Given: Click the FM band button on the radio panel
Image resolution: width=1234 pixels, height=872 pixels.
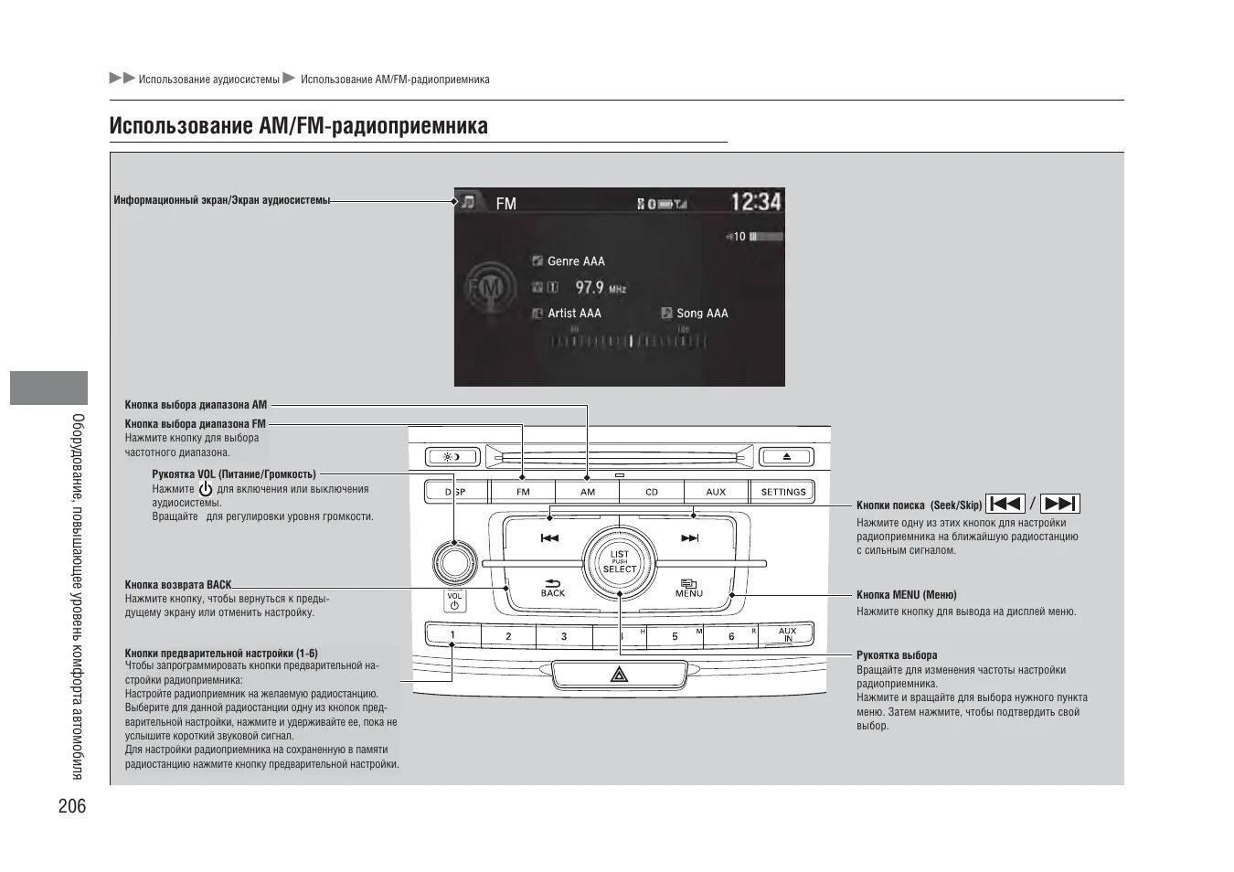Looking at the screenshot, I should click(523, 492).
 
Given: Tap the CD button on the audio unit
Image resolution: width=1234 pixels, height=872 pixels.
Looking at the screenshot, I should click(652, 492).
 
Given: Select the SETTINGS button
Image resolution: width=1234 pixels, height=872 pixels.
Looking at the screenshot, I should click(783, 492).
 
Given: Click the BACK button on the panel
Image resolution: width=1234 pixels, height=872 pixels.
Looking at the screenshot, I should click(553, 588).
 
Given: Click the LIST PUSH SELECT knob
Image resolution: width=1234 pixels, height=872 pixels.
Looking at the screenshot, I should click(620, 561).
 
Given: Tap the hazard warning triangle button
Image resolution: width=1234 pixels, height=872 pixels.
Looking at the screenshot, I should click(619, 675).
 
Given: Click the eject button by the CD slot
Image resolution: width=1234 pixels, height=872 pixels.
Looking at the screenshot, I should click(785, 456).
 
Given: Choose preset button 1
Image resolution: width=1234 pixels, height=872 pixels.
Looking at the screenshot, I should click(452, 635).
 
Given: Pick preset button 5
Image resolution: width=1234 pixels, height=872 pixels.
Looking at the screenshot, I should click(676, 636).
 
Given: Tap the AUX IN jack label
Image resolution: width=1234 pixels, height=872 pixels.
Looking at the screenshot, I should click(787, 634).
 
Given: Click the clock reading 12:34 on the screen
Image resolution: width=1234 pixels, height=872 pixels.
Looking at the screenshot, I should click(755, 201).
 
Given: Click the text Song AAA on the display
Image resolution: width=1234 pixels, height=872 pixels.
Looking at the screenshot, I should click(702, 314).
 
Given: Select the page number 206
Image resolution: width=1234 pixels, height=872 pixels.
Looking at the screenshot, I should click(72, 805).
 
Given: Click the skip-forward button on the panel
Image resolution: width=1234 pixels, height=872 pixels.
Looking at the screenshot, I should click(690, 538).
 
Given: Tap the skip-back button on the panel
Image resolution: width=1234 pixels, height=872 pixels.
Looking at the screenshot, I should click(549, 538).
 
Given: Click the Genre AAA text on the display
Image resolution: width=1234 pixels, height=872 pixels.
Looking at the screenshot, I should click(576, 261).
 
